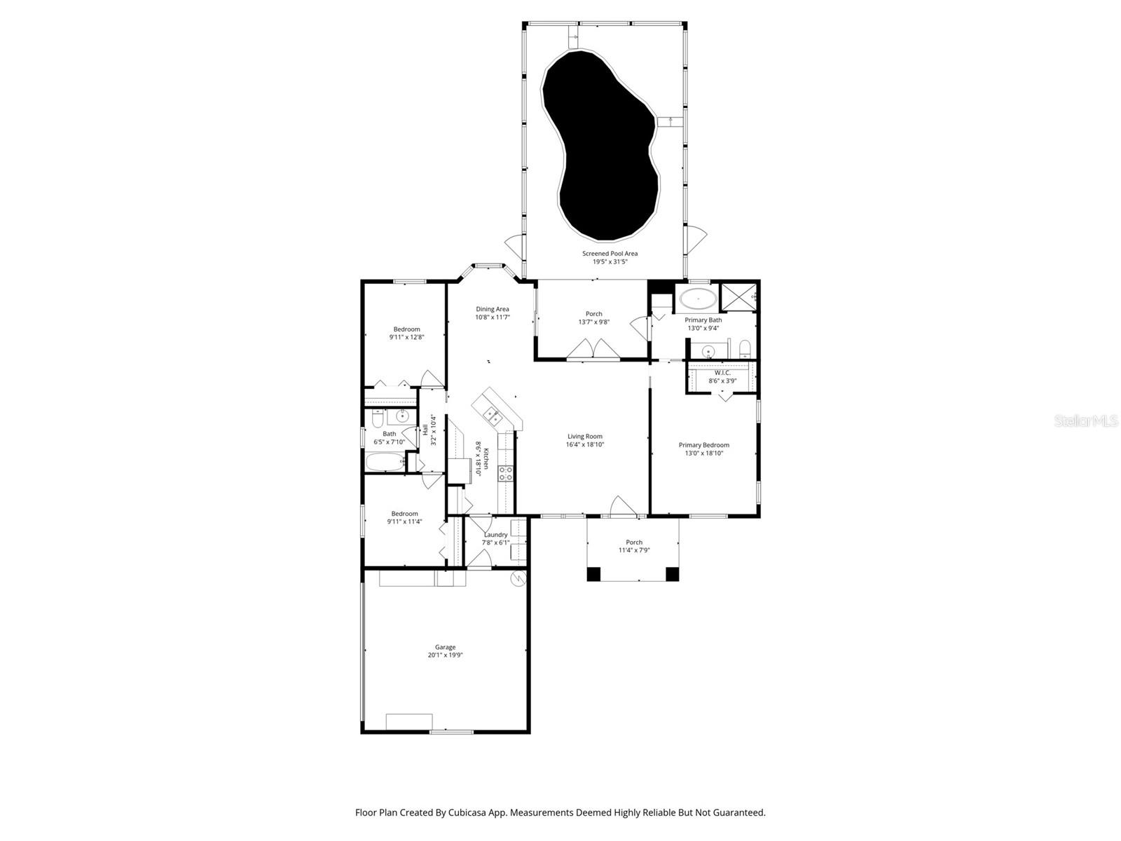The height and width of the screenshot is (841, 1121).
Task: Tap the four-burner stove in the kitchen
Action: (x=505, y=474)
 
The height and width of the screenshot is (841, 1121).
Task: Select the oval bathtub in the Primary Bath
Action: (x=697, y=299)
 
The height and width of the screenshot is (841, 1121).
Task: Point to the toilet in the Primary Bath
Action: (x=745, y=348)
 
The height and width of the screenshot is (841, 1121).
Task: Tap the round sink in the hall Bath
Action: (x=402, y=417)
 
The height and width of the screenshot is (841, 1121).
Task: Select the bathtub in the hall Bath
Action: (x=383, y=462)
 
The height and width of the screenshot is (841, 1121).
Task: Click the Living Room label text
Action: (x=585, y=437)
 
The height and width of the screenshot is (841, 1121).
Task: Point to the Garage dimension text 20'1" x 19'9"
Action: (x=446, y=655)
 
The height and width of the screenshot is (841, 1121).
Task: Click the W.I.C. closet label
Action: (x=722, y=373)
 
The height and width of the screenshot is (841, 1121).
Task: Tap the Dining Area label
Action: (x=493, y=309)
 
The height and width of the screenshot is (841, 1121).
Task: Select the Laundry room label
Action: (x=495, y=535)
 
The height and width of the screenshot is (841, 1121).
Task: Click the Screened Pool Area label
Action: (x=610, y=254)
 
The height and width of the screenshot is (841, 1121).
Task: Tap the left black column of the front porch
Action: (x=593, y=574)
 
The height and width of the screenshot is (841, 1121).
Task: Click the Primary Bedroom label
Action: (x=703, y=445)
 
